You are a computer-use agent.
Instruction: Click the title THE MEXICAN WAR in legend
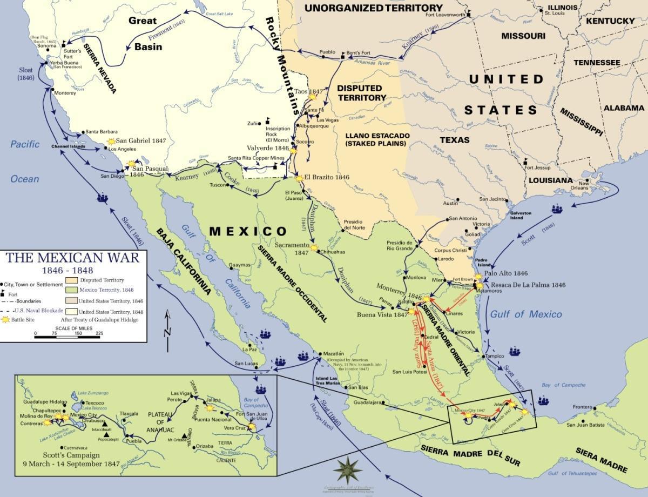pyautogui.click(x=72, y=257)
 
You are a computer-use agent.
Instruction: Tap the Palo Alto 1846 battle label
pyautogui.click(x=506, y=273)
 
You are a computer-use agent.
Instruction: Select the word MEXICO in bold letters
pyautogui.click(x=248, y=232)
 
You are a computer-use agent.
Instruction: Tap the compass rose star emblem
pyautogui.click(x=347, y=468)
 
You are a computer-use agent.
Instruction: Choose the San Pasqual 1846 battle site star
pyautogui.click(x=131, y=163)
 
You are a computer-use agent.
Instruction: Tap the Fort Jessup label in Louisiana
pyautogui.click(x=539, y=167)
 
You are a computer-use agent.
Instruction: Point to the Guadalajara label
pyautogui.click(x=367, y=402)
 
